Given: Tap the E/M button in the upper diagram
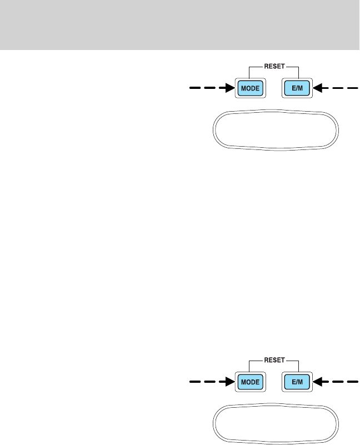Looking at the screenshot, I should click(296, 88).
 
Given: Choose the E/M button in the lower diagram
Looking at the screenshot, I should click(296, 382).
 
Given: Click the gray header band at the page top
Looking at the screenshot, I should click(180, 24).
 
